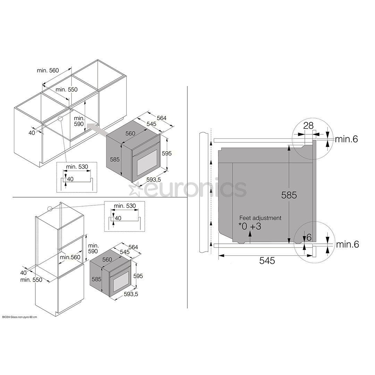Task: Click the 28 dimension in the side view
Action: point(308,126)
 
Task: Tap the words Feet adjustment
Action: point(260,218)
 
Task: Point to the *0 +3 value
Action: point(250,226)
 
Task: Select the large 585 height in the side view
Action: point(289,195)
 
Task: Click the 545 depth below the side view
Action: point(267,261)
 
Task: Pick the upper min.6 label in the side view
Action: point(346,139)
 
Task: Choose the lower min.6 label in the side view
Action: point(348,244)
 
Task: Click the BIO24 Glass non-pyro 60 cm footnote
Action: point(19,317)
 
